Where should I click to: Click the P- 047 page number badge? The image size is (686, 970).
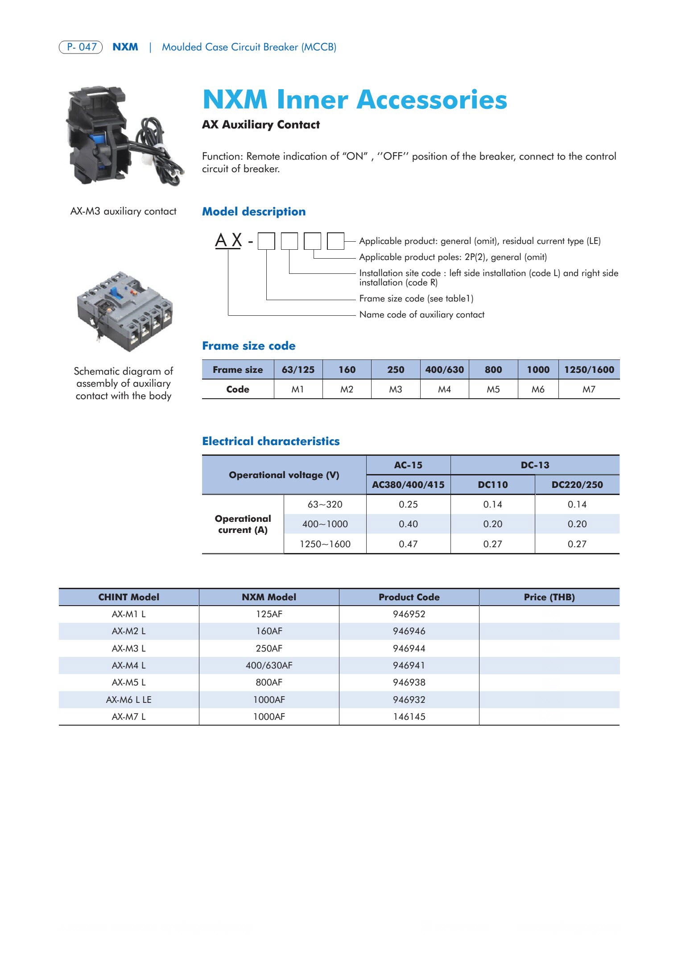[81, 47]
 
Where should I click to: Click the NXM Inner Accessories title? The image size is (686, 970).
[355, 99]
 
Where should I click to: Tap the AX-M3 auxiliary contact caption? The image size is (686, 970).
[123, 211]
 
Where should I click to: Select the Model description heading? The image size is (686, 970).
[254, 211]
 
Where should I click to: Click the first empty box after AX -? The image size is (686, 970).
[266, 241]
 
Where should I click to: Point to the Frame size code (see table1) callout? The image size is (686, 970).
[416, 298]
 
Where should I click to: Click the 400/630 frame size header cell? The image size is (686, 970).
[444, 370]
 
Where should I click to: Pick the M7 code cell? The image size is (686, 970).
[589, 389]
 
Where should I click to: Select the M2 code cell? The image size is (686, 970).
[347, 389]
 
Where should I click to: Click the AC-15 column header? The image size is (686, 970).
[408, 465]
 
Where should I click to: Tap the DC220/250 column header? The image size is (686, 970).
[577, 485]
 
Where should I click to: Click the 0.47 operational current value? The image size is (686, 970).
[408, 544]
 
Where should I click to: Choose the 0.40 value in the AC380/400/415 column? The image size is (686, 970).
[408, 524]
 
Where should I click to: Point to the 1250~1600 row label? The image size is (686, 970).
[325, 544]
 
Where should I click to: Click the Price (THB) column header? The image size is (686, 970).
[549, 597]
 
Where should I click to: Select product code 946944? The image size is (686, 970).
[409, 648]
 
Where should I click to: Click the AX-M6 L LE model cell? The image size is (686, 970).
[128, 700]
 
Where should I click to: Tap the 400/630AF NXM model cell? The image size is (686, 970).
[269, 665]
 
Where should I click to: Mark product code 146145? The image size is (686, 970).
[409, 717]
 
